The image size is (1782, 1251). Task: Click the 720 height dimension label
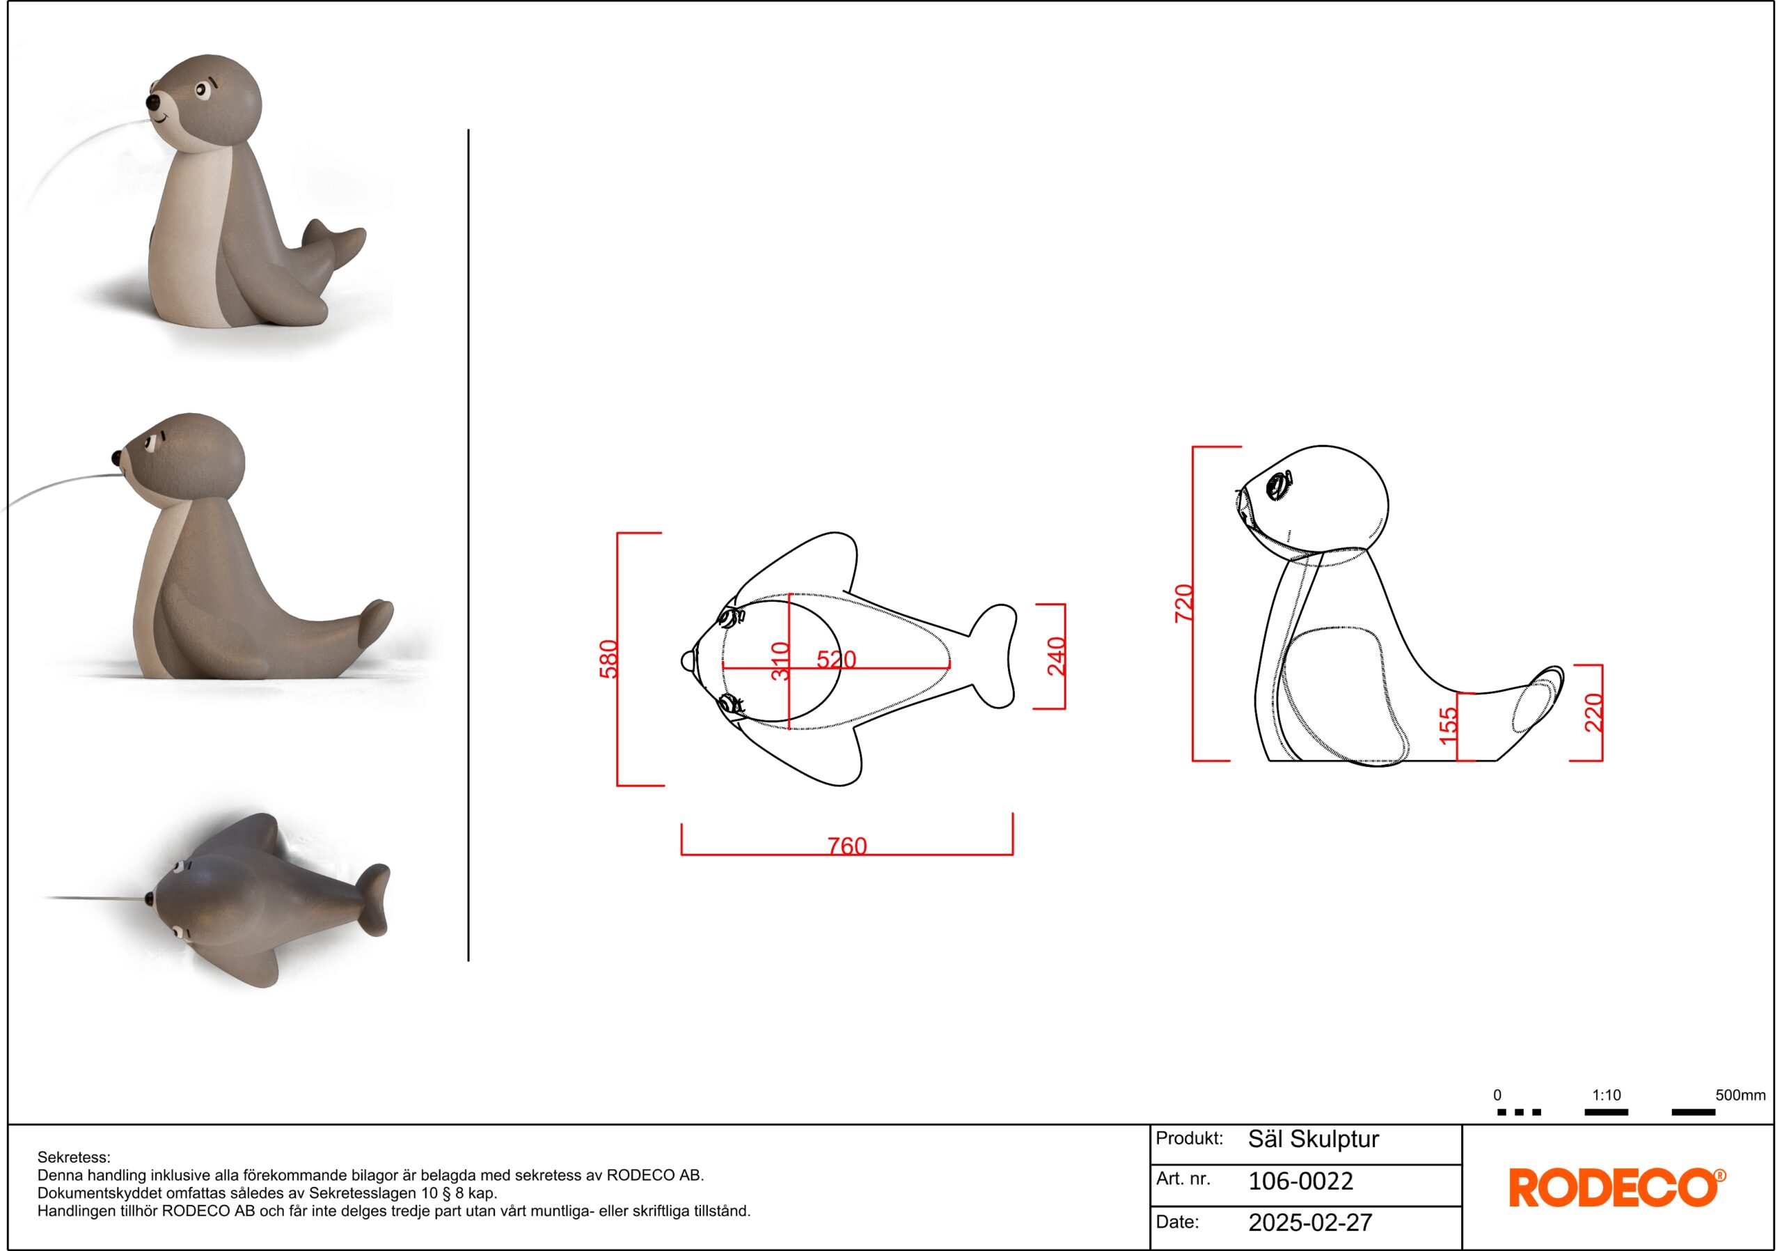click(x=1184, y=603)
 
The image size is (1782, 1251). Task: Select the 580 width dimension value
click(x=609, y=658)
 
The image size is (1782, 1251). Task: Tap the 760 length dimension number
click(x=846, y=846)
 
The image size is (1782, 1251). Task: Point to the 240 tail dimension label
click(x=1056, y=656)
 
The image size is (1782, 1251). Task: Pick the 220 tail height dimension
click(x=1593, y=713)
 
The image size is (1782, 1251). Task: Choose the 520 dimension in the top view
click(x=836, y=659)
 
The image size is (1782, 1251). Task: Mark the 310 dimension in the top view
click(x=780, y=661)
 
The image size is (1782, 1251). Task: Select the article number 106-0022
click(x=1301, y=1181)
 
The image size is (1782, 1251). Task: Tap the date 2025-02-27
click(x=1311, y=1223)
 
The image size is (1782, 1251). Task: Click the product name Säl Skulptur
click(x=1314, y=1139)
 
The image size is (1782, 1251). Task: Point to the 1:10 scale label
click(x=1607, y=1095)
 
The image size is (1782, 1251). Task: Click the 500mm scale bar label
click(x=1741, y=1095)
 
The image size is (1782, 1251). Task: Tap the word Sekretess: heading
click(x=74, y=1158)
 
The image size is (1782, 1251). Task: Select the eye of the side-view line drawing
click(x=1277, y=486)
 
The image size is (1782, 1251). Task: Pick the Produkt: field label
click(x=1190, y=1138)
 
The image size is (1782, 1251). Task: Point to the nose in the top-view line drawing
click(x=688, y=661)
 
